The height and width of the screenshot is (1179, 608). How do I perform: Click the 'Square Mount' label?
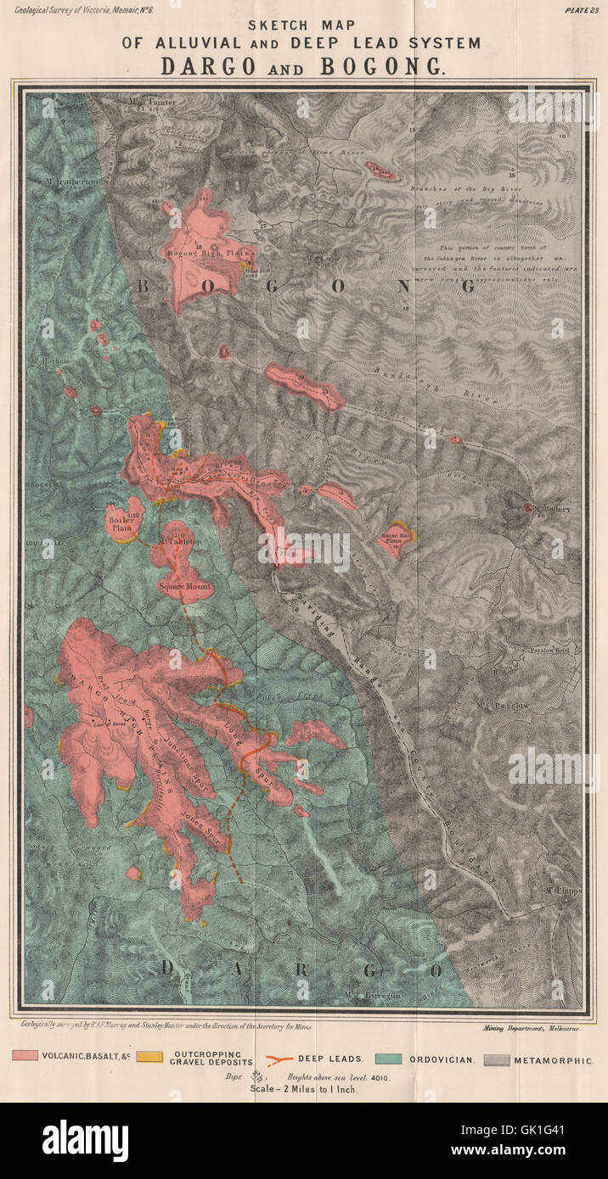(x=183, y=586)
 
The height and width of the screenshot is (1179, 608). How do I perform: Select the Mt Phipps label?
(x=560, y=890)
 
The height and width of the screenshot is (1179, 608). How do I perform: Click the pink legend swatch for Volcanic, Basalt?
(x=25, y=1056)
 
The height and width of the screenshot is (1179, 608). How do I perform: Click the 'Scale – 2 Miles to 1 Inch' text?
(x=304, y=1089)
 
